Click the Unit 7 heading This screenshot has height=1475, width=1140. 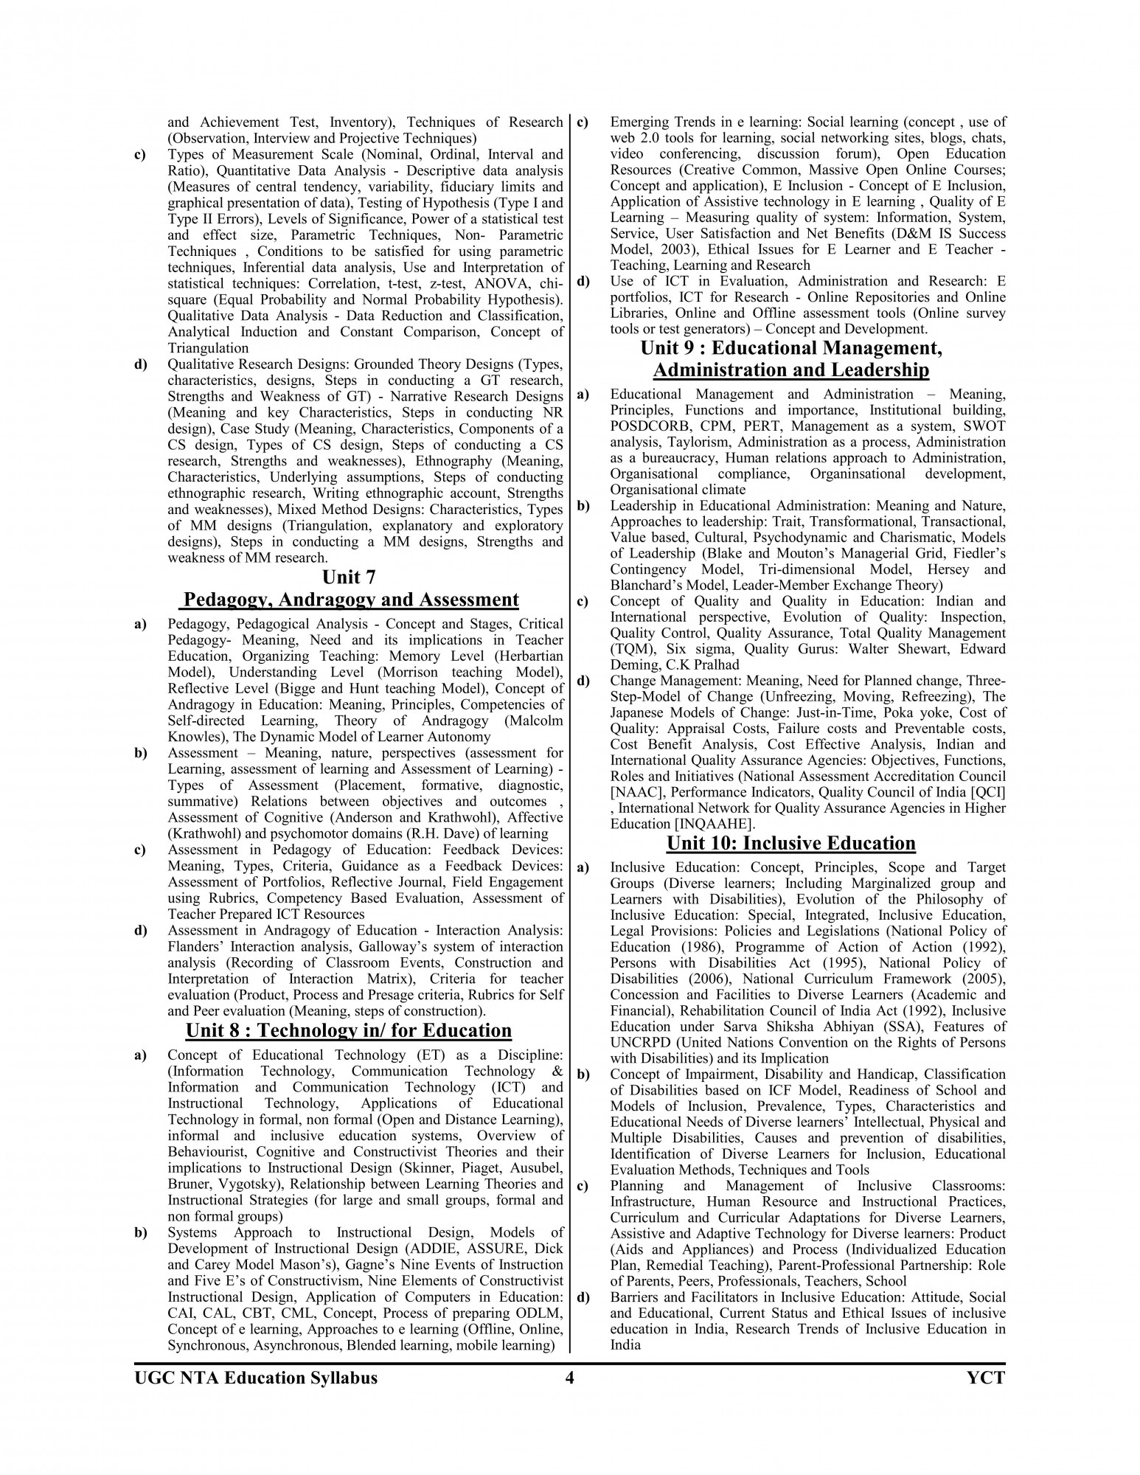coord(349,576)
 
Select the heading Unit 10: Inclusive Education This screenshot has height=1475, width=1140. coord(790,843)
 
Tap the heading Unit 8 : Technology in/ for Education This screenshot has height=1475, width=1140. coord(349,1030)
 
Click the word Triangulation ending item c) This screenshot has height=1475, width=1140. coord(208,348)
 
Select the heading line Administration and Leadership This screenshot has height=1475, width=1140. coord(790,369)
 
